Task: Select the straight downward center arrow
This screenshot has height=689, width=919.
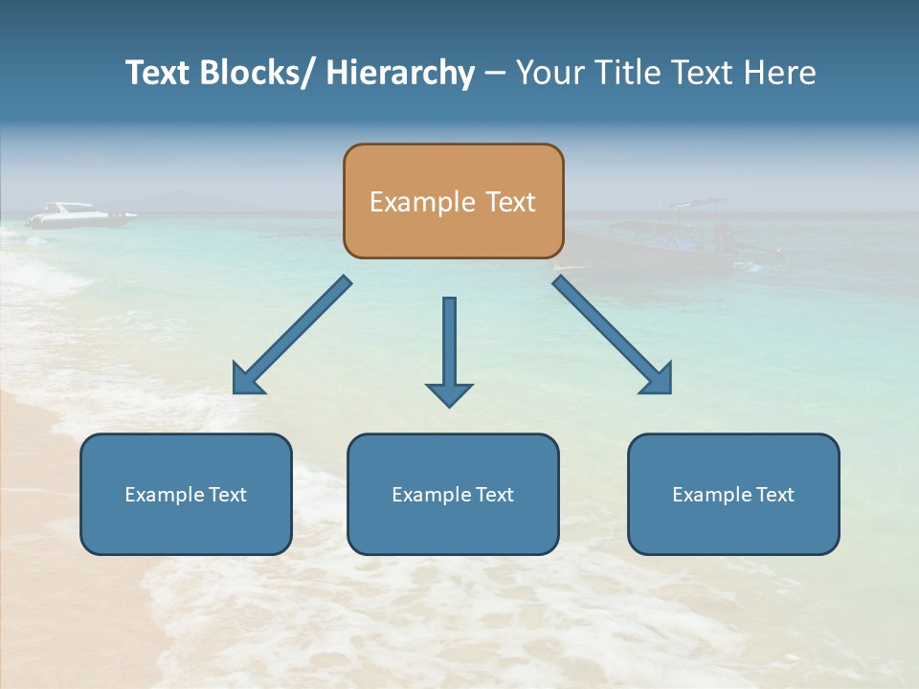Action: pos(449,344)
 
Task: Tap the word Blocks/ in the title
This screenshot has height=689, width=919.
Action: pos(254,73)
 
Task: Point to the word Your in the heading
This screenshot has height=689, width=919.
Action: pos(548,73)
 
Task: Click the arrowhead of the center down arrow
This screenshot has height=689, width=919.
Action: pos(449,393)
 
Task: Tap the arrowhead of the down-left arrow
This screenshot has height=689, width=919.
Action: pos(247,380)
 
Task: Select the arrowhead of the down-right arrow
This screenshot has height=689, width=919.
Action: pos(658,380)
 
